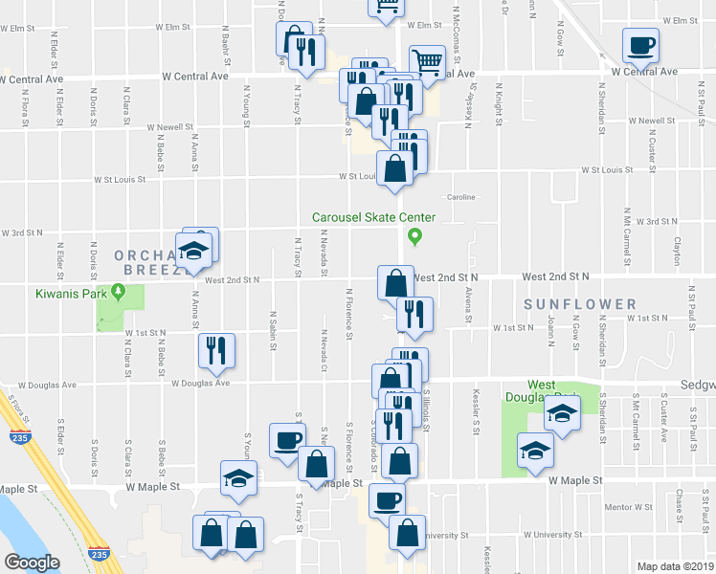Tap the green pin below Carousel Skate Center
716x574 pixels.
[414, 235]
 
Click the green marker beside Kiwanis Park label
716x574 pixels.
[118, 291]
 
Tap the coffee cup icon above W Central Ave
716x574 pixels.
[640, 44]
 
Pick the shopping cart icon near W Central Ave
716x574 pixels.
[427, 63]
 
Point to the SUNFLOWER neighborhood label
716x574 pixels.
[579, 304]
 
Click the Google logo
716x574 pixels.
[33, 563]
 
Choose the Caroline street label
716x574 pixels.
[460, 197]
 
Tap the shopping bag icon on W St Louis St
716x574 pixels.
[394, 169]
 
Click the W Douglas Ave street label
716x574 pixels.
[201, 384]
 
